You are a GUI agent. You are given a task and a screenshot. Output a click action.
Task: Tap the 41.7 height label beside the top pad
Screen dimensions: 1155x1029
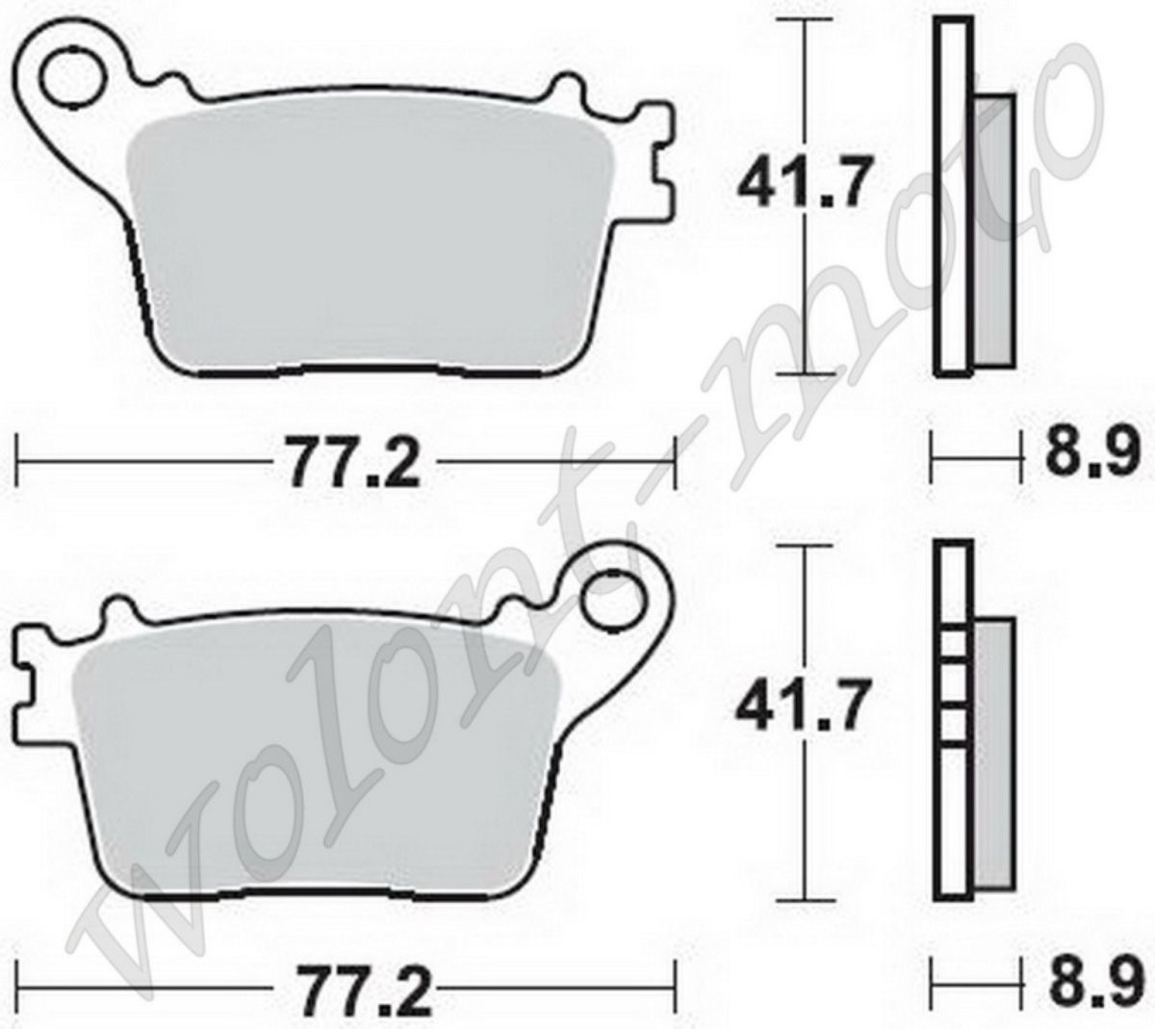coord(805,181)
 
